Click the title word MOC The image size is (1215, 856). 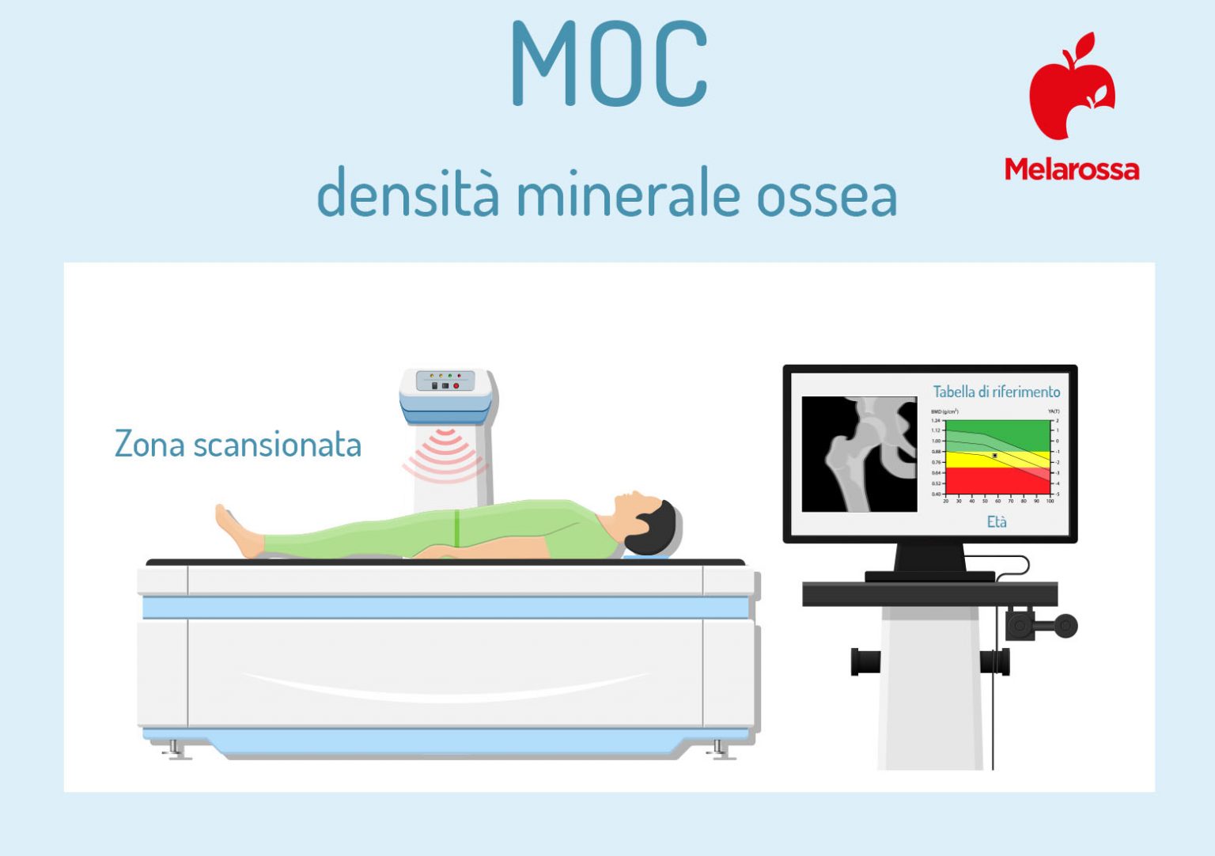coord(609,63)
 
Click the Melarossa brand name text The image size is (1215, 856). coord(1072,169)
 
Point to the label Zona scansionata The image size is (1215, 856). coord(238,445)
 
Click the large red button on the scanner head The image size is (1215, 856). coord(456,385)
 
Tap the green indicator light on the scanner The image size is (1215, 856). coord(449,375)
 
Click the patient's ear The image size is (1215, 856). coord(642,521)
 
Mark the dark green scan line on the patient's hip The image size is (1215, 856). coord(456,528)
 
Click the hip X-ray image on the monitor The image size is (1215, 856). coord(859,454)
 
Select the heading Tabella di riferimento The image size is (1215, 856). coord(996,392)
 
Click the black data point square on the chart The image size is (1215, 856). coord(994,456)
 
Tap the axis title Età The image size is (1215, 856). coord(997,521)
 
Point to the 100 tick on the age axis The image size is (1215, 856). coord(1050,501)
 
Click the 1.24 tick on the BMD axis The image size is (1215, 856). coord(936,420)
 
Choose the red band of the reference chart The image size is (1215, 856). coord(997,479)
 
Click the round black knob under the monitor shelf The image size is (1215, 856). coord(1065,626)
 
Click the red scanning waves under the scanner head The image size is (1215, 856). coord(445,455)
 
